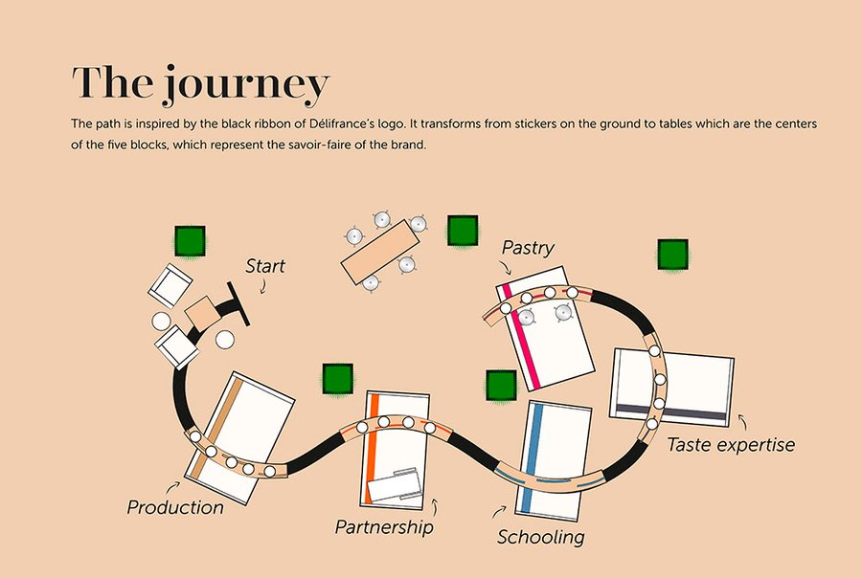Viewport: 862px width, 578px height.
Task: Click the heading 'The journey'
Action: coord(200,84)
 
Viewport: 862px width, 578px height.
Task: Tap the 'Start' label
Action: coord(265,265)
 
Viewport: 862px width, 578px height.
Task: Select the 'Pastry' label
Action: coord(528,248)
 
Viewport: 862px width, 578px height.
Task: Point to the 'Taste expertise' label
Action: coord(730,444)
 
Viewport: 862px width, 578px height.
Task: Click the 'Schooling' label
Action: coord(540,537)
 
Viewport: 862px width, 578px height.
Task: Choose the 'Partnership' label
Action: coord(383,526)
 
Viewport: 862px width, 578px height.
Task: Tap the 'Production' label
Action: coord(175,507)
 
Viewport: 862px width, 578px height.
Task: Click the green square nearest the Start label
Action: coord(190,240)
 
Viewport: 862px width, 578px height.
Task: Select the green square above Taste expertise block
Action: coord(672,255)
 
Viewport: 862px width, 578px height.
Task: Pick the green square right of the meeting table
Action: coord(463,230)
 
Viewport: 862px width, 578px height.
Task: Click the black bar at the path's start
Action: coord(238,303)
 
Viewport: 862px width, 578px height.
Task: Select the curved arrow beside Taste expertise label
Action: coord(742,421)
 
